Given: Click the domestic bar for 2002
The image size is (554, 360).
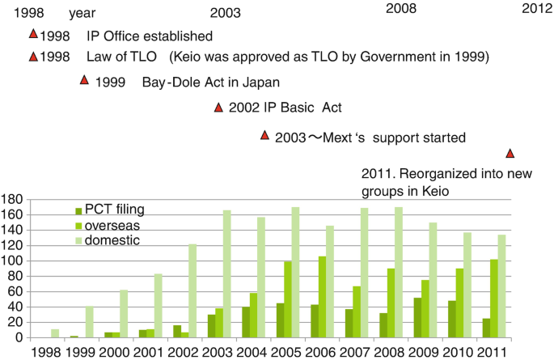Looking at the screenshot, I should coord(192,290).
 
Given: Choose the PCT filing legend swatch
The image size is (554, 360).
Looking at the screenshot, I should coord(78,210).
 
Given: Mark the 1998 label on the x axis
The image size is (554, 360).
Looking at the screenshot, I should coord(44,352).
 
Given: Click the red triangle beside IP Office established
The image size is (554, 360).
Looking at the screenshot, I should coord(33,34).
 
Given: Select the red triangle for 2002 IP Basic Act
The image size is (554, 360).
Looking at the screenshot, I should coord(218,108).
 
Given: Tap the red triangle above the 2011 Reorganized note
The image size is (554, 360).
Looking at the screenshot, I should coord(510,153).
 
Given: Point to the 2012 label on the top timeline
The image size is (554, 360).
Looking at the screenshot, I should coord(537,9).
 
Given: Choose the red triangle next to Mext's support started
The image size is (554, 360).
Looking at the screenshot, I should coord(264,135).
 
